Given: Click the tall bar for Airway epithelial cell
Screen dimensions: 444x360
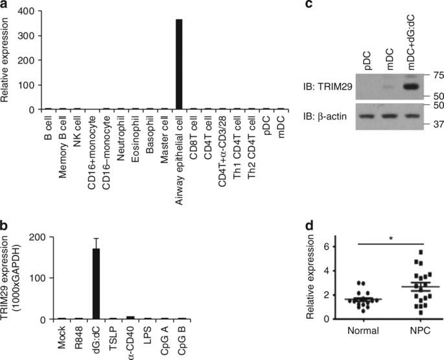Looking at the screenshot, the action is (179, 64).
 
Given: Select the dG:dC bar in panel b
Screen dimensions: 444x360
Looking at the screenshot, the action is (97, 283).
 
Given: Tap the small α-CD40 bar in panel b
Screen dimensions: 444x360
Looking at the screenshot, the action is (130, 318).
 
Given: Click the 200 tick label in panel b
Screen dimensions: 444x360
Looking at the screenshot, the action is (38, 237).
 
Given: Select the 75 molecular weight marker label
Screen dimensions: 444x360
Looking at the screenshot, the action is (434, 75).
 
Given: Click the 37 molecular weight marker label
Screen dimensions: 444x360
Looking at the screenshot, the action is (434, 125).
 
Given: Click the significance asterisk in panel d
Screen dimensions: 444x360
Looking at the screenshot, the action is (391, 239).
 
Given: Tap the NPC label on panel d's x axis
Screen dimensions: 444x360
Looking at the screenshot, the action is (420, 331).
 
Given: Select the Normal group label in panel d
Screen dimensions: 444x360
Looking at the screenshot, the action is (363, 331).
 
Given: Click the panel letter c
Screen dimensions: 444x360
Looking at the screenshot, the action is (309, 5).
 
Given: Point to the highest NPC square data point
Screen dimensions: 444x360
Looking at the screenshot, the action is (421, 252).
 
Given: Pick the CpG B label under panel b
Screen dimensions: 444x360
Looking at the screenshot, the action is (181, 339).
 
